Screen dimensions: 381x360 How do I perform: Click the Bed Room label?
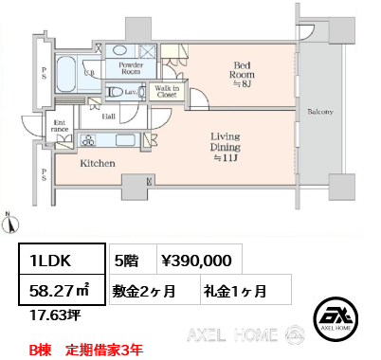242,75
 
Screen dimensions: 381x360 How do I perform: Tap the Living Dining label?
226,147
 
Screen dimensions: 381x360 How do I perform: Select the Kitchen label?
98,163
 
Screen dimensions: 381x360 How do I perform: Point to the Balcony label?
320,112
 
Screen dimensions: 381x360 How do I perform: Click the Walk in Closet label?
167,91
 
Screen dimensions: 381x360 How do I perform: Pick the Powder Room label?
131,68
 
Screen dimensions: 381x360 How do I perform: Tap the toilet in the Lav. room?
116,92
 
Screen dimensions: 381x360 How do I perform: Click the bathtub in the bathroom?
65,74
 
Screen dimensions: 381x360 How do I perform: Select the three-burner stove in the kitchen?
89,140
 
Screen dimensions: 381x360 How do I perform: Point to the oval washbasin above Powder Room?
119,50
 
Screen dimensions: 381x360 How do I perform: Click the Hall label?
108,117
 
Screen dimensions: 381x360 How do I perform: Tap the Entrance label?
60,126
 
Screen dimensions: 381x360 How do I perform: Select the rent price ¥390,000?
196,261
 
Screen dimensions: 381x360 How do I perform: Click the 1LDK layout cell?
62,259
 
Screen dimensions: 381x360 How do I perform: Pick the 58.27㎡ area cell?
62,290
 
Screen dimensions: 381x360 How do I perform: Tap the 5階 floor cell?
133,259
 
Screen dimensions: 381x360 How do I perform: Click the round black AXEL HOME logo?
336,318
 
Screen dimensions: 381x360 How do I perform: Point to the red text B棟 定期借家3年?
86,350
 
